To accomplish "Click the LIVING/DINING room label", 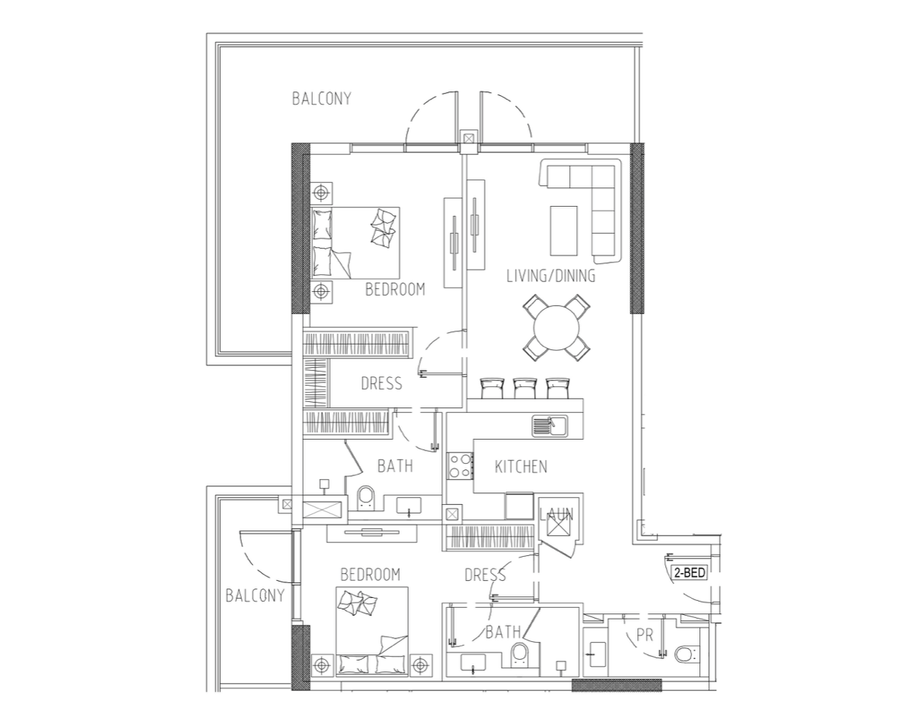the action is [551, 276].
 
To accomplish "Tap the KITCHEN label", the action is [520, 466].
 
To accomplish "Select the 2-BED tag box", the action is [689, 573].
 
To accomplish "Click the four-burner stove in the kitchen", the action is [460, 466].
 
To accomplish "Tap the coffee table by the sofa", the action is [563, 230].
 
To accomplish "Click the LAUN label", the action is [556, 514].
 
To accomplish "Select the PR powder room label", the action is [645, 635].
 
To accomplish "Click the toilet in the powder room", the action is [686, 654].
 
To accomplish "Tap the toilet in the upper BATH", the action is [366, 497].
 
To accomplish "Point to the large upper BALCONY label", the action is [321, 99].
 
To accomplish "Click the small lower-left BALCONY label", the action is [255, 596].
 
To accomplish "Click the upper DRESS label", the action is [381, 383].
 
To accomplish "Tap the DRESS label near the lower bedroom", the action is [485, 575].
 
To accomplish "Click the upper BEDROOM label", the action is [395, 289].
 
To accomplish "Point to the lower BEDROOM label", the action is [369, 575].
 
